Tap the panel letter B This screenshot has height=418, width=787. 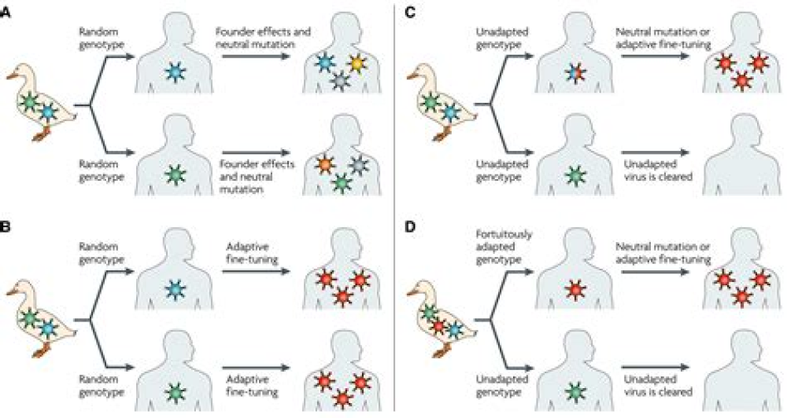point(6,229)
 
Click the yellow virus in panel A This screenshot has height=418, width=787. point(358,61)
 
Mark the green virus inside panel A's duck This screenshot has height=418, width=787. point(29,101)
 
